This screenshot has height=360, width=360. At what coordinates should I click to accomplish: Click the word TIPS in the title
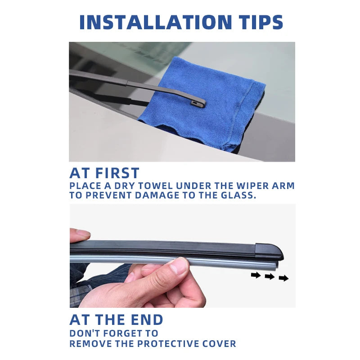click(258, 22)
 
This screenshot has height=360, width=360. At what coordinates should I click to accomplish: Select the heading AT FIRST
click(104, 173)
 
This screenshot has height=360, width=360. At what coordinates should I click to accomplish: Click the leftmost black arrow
click(256, 275)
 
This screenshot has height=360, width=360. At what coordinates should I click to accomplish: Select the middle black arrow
click(270, 276)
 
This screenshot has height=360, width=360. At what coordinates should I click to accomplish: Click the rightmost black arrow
click(283, 278)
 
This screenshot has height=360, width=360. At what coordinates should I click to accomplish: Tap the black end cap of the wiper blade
click(269, 251)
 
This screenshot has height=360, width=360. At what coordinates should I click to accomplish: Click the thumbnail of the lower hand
click(179, 266)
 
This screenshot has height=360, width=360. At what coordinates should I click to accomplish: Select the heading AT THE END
click(116, 320)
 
